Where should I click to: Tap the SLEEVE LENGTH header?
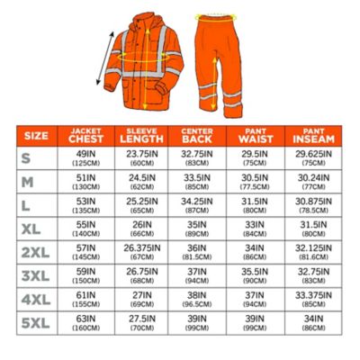141,136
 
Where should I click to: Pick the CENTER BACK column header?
196,136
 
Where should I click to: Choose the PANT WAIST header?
253,136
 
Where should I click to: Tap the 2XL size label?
36,251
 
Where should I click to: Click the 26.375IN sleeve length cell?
141,251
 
